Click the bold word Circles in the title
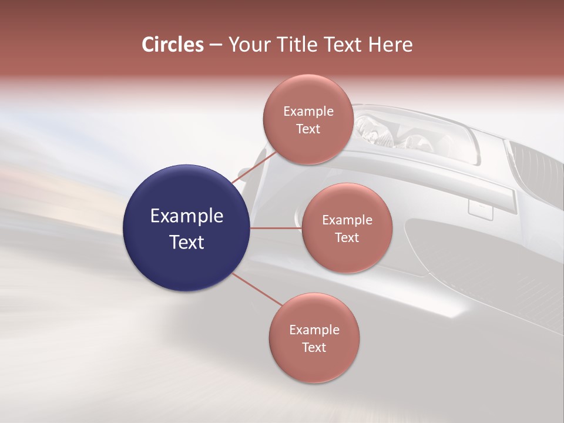[x=173, y=45]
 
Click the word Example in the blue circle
[x=186, y=216]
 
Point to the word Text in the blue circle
[x=186, y=242]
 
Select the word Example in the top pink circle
[x=308, y=112]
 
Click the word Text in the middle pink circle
[x=347, y=237]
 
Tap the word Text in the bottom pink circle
[x=314, y=347]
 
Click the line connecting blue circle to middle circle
[x=276, y=228]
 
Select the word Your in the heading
[x=246, y=45]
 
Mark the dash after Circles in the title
[x=215, y=45]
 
